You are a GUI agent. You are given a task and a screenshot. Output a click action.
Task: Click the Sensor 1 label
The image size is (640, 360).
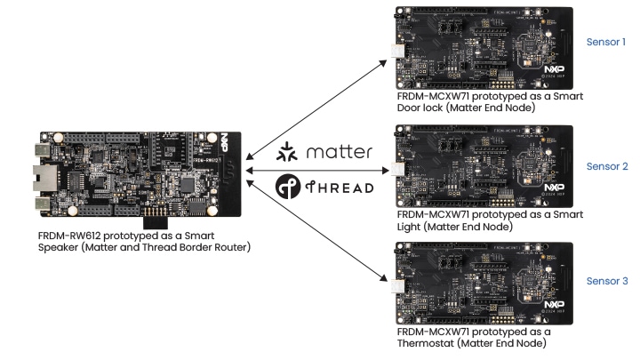606,42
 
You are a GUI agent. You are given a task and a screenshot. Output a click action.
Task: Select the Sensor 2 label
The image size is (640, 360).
606,166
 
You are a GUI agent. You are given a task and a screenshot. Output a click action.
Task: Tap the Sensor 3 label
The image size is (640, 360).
606,281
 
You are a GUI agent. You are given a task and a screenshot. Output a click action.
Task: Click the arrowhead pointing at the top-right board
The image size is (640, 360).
385,62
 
